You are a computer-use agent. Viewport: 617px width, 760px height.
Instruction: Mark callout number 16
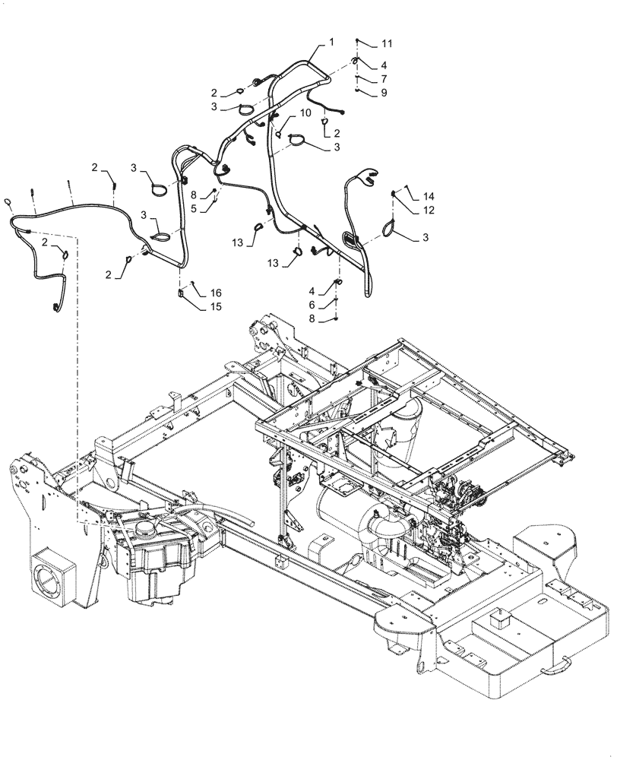pos(216,293)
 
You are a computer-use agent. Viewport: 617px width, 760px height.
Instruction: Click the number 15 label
pos(216,307)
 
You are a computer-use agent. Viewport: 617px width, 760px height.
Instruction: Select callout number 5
pos(194,207)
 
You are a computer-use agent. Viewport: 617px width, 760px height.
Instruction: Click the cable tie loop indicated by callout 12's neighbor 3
pos(391,226)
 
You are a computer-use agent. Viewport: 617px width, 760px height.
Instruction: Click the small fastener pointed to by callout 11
pos(357,40)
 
